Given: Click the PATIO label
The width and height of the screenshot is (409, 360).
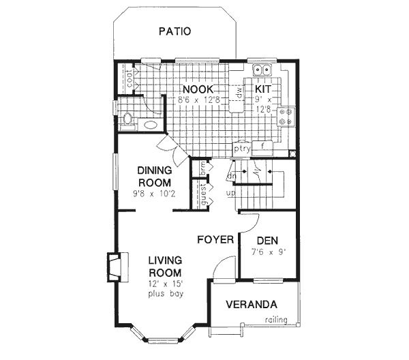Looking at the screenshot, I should click(174, 31).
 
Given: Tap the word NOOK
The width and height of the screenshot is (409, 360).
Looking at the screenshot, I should click(198, 89).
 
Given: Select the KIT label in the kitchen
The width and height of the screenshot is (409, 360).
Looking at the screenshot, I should click(264, 89).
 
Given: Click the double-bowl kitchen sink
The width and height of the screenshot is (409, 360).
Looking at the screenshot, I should click(262, 70).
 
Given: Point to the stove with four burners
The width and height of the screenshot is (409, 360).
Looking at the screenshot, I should click(287, 117).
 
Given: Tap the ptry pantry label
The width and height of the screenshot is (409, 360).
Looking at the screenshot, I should click(242, 146).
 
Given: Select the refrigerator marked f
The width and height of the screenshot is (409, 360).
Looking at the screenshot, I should click(262, 145).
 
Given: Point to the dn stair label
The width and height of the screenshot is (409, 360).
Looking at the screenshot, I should click(231, 175).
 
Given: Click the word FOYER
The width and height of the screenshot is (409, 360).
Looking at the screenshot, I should click(215, 239).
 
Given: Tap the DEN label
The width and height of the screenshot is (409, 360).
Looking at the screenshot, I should click(267, 240).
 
